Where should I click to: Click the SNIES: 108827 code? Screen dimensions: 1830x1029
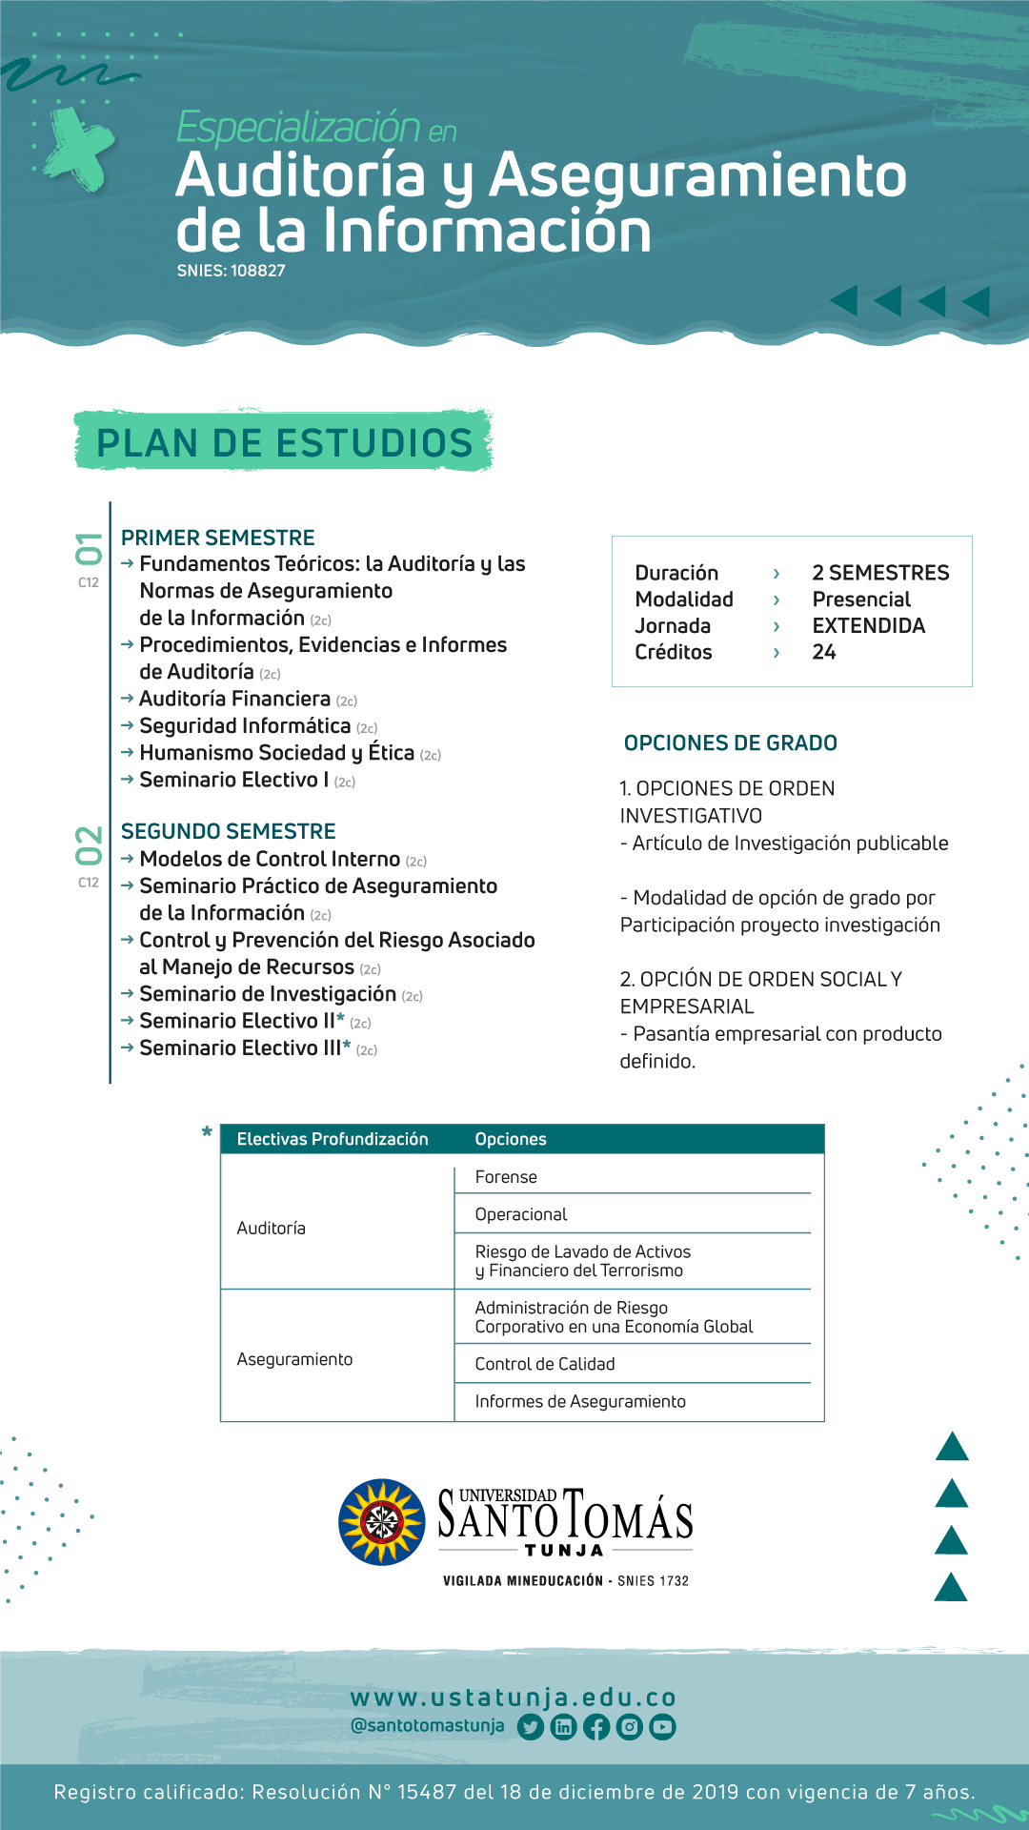click(231, 271)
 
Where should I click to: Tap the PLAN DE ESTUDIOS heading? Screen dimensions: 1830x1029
click(284, 443)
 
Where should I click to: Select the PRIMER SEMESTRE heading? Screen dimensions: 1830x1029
click(217, 538)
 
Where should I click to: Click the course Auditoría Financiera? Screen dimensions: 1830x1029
click(234, 699)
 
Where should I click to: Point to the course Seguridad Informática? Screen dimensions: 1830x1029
click(245, 726)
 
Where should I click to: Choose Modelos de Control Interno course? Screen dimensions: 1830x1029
click(270, 859)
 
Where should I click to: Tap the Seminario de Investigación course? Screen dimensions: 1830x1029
click(268, 994)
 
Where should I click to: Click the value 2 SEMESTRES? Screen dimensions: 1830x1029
click(880, 573)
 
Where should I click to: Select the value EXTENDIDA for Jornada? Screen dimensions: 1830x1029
click(868, 626)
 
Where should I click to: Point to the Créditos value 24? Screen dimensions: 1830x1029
click(824, 652)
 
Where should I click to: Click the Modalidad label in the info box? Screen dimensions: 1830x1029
click(684, 600)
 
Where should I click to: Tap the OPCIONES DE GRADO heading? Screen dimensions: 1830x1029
click(730, 743)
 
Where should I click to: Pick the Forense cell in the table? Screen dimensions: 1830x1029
click(506, 1177)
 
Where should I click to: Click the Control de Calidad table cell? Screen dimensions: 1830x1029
click(544, 1364)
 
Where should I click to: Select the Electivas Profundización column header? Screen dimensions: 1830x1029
click(333, 1139)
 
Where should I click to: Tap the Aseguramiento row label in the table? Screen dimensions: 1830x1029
click(294, 1359)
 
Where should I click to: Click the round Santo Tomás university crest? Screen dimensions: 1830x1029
click(382, 1522)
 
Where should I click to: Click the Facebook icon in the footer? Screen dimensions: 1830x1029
click(596, 1727)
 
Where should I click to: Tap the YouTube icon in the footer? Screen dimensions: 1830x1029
click(662, 1727)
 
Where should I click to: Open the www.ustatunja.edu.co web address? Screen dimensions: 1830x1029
click(514, 1698)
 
